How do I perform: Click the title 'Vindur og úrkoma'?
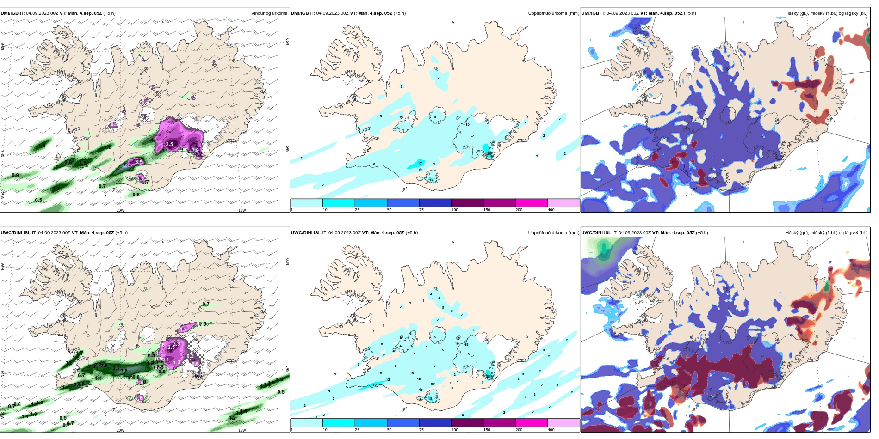[269, 13]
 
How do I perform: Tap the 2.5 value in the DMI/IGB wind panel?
[169, 144]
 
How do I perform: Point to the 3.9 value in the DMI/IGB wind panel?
[195, 150]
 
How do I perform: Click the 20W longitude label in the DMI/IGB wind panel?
[120, 210]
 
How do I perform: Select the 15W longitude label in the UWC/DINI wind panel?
[242, 430]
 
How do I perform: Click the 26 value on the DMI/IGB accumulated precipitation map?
[489, 154]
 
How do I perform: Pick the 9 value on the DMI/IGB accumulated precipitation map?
[435, 117]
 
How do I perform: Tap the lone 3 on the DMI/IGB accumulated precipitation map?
[402, 86]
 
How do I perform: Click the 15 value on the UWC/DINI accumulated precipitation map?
[375, 384]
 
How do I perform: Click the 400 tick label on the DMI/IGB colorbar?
[551, 210]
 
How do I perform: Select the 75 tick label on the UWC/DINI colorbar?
[421, 430]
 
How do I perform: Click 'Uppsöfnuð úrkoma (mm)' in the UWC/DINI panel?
[553, 233]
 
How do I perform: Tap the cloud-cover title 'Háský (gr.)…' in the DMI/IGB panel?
[826, 13]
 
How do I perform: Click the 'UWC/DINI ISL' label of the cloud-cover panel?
[596, 233]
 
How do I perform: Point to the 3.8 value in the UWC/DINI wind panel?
[124, 371]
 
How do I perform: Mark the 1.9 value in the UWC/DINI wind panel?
[184, 329]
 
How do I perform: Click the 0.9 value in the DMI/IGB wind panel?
[15, 176]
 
